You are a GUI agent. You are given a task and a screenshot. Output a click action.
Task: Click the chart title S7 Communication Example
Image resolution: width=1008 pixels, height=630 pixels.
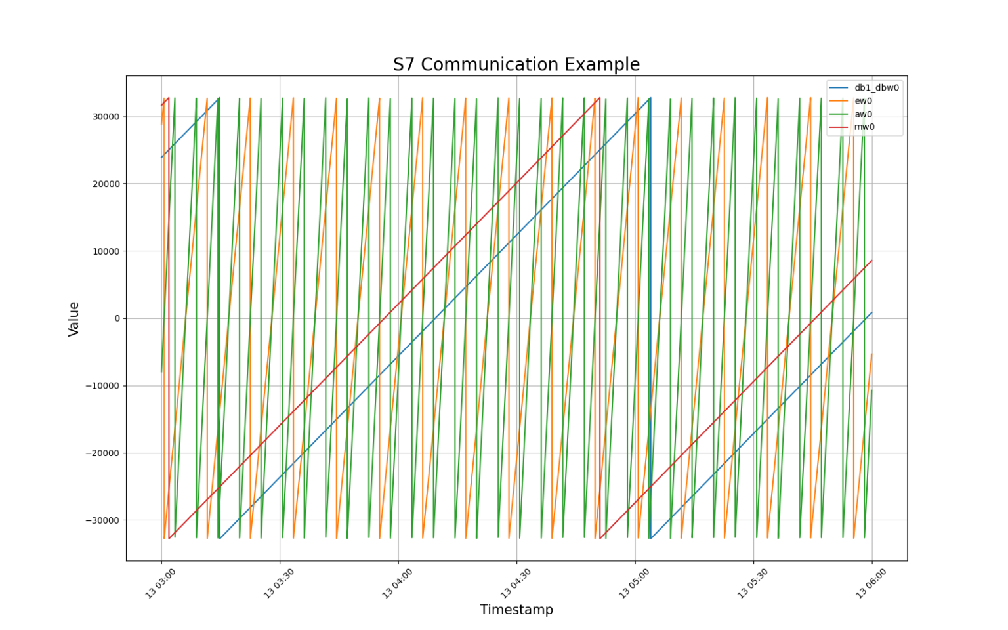coord(516,64)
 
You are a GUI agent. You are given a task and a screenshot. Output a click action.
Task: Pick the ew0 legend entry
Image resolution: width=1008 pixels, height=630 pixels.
coord(863,101)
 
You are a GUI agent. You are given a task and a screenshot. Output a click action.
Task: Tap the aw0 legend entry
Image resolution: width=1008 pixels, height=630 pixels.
coord(863,114)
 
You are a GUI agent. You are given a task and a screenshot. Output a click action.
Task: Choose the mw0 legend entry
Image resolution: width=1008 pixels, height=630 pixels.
coord(864,127)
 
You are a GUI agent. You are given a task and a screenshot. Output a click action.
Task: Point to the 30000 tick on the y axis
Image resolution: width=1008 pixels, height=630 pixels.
coord(106,117)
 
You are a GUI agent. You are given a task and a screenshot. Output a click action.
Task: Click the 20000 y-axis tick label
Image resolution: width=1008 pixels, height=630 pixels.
coord(106,184)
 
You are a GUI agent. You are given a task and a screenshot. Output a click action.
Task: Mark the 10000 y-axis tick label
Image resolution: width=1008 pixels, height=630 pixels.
coord(106,251)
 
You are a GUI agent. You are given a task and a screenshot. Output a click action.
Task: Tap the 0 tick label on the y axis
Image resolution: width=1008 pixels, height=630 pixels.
coord(117,319)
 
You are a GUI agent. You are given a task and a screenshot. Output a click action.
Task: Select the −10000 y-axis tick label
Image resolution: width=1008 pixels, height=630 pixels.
coord(103,386)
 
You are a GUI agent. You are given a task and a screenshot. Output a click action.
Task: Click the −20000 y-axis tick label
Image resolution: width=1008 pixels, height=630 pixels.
coord(103,453)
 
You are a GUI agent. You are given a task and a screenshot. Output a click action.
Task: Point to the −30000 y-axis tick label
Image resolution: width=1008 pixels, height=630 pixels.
coord(103,520)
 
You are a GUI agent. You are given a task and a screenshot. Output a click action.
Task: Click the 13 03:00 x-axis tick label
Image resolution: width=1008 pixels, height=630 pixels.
coord(160,583)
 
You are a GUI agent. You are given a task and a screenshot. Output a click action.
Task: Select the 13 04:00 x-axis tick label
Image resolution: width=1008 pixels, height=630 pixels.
coord(397,583)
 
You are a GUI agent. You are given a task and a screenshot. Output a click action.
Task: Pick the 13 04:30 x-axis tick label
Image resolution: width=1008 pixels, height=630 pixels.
coord(515,583)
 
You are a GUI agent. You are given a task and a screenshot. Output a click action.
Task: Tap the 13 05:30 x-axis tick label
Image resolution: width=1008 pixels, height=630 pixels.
coord(752,583)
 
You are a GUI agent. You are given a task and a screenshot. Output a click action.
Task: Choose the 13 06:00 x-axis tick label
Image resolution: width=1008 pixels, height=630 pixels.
coord(870,583)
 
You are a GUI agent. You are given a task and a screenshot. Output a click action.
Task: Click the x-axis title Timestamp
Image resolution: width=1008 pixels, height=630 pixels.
coord(516,610)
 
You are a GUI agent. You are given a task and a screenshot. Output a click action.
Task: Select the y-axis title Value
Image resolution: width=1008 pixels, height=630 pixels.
coord(73,319)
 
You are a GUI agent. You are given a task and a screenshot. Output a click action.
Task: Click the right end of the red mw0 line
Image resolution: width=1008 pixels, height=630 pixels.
coord(871,261)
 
